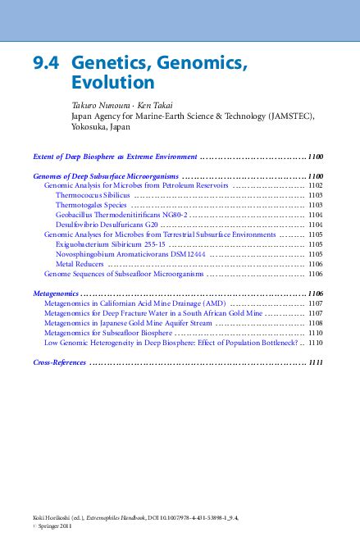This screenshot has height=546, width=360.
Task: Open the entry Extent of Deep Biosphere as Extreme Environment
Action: pyautogui.click(x=115, y=156)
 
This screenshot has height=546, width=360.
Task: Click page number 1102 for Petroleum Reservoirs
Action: pyautogui.click(x=315, y=186)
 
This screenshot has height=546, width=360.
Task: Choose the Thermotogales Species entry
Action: pyautogui.click(x=91, y=205)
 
